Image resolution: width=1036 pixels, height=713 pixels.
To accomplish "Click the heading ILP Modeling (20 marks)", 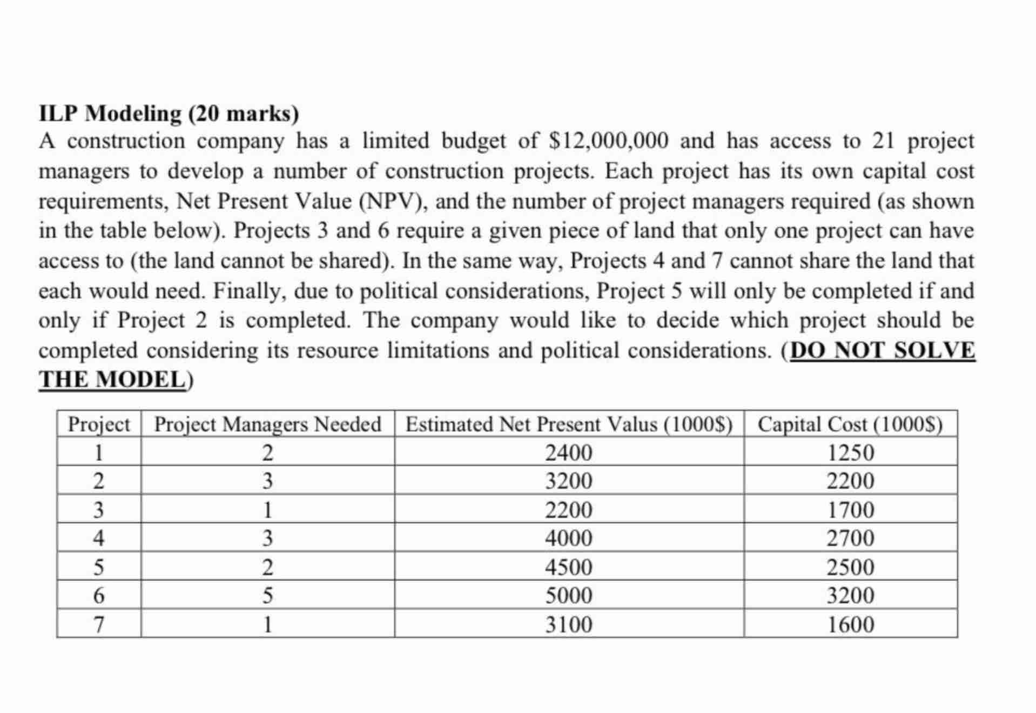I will coord(169,114).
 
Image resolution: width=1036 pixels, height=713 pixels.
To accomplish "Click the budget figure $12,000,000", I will coord(608,141).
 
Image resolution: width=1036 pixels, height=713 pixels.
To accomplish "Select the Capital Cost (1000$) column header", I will coord(850,424).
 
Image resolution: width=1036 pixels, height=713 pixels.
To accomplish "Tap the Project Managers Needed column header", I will coord(267,424).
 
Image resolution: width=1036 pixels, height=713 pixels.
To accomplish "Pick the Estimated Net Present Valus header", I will coord(568,424).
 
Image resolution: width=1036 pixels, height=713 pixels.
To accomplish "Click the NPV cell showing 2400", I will coord(568,452).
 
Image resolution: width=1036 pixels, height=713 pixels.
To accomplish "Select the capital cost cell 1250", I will coord(850,452).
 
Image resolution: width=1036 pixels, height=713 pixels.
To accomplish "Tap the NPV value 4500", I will coord(568,567).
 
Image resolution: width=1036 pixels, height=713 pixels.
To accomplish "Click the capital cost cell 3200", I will coord(850,595).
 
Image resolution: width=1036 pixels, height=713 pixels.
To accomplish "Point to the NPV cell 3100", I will coord(568,624).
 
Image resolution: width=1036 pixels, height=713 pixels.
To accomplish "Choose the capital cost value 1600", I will coord(850,624).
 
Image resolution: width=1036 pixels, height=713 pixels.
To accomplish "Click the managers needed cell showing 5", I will coord(267,595).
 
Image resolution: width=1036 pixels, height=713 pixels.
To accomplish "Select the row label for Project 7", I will coord(98,624).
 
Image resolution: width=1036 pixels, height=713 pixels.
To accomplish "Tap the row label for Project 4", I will coord(98,538).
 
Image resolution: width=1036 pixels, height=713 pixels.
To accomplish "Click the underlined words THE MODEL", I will coord(112,379).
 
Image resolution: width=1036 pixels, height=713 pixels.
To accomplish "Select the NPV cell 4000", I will coord(568,538).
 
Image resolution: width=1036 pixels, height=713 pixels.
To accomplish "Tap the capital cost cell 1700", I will coord(850,510).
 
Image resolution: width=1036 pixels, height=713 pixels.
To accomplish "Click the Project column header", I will coord(98,424).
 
